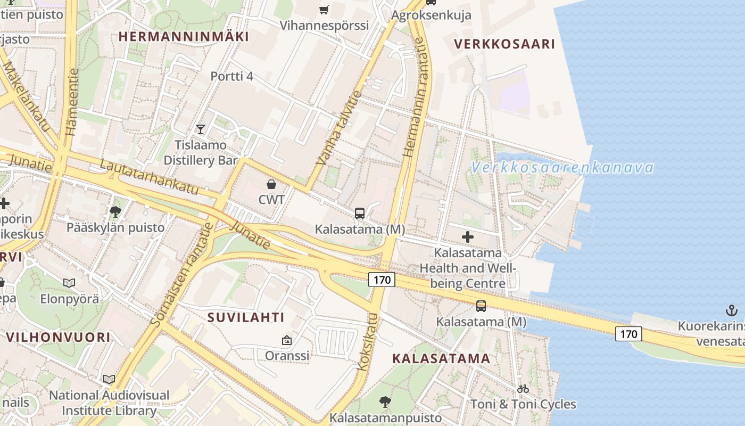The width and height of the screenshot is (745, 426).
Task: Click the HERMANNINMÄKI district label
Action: (x=184, y=37)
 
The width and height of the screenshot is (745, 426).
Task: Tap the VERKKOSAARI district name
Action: (x=504, y=44)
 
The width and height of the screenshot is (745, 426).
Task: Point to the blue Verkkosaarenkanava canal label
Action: (x=562, y=168)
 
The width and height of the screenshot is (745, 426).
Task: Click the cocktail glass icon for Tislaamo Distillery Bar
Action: (x=200, y=129)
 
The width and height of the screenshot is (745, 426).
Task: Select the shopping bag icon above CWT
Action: (x=271, y=184)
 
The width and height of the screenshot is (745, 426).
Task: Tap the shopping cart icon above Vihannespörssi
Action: (x=324, y=9)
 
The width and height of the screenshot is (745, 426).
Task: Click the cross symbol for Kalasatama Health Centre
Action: (x=468, y=237)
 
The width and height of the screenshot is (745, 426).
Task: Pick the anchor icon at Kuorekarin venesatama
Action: (x=732, y=310)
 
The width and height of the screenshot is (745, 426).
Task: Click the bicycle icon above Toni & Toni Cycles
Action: (x=523, y=389)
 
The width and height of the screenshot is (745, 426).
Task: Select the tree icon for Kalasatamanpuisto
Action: (x=385, y=402)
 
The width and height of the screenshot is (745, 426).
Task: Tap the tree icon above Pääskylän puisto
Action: (x=115, y=212)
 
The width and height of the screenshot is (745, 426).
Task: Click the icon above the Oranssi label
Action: (x=287, y=340)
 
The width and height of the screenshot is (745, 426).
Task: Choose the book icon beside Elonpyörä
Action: (x=69, y=283)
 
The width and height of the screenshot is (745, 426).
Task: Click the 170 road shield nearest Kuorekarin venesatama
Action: (x=628, y=334)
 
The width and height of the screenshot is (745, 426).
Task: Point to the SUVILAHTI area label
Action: (x=246, y=318)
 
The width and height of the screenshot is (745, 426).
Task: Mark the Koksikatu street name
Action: (x=368, y=341)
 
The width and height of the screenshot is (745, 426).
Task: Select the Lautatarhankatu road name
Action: (x=149, y=177)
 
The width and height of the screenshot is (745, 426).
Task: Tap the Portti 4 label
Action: (x=231, y=76)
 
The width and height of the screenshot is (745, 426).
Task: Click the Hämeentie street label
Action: (x=72, y=101)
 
